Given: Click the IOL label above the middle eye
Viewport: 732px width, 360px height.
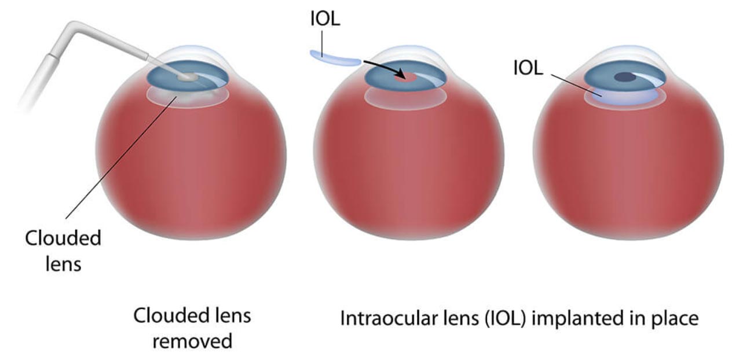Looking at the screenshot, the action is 325,19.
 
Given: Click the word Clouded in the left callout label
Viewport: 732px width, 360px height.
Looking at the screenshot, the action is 63,238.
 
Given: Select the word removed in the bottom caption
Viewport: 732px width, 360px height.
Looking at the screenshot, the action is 192,341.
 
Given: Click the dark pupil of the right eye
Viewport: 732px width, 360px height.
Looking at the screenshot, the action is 625,77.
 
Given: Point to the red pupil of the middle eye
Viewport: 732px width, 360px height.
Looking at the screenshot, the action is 405,78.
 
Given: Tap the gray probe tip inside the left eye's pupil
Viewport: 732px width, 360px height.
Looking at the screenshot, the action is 188,76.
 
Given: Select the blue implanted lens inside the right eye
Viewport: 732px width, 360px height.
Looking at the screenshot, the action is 624,97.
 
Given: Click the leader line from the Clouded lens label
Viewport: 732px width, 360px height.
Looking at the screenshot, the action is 122,157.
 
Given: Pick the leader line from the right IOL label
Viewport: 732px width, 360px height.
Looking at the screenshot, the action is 576,85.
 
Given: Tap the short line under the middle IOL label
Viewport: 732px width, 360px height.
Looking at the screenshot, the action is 322,44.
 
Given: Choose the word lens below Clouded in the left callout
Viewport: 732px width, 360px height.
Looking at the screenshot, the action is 63,264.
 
